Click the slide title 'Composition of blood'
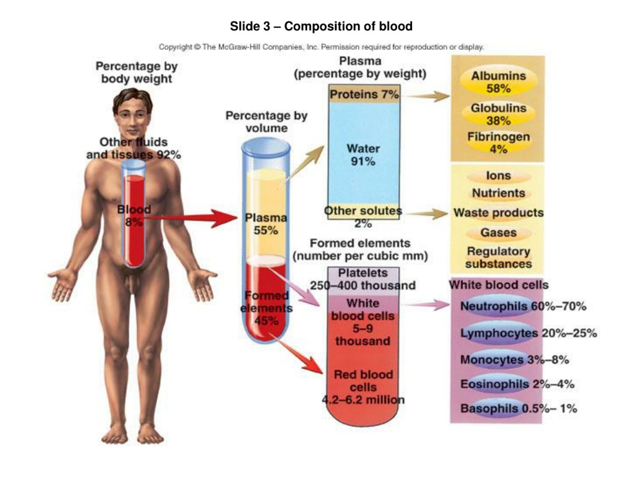coord(321,26)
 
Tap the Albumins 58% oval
coord(499,82)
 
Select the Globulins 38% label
coord(499,114)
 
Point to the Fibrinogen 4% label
coord(499,143)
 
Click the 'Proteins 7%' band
coord(364,94)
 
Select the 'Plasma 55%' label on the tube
coord(266,224)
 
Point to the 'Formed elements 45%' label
coord(266,308)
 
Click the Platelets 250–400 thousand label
coord(363,279)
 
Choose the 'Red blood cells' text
coord(363,381)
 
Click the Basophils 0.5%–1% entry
coord(519,409)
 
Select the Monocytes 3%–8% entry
coord(514,360)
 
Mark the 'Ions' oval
coord(499,176)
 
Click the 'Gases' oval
coord(499,233)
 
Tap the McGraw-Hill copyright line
coord(321,47)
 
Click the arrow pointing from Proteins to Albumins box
coord(427,96)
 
